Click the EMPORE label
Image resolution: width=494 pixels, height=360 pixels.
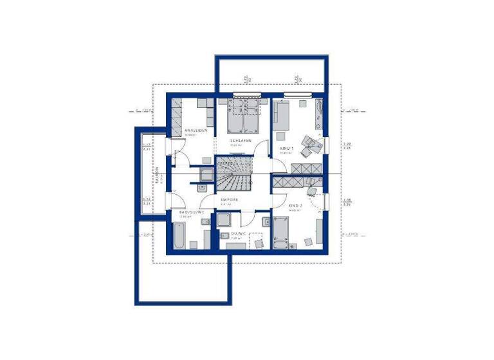coord(230,200)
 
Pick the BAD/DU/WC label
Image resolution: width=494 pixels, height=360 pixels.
coord(192,212)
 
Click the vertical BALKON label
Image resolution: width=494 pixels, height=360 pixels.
coord(156,175)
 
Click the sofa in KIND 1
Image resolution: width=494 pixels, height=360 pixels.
coord(282,116)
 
